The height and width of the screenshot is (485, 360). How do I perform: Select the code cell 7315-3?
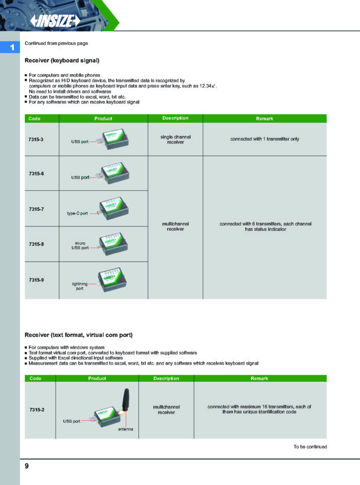[37, 139]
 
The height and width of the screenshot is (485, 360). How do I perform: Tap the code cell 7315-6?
[37, 174]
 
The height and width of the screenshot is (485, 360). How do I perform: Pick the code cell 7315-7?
[37, 209]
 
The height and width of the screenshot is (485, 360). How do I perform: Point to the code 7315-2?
[37, 409]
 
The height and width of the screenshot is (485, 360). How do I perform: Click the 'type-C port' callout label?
[77, 213]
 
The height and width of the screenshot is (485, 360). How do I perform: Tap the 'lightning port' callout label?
[80, 286]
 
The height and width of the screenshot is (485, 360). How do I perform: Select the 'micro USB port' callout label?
[80, 245]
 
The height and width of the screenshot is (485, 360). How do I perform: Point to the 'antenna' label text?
[125, 429]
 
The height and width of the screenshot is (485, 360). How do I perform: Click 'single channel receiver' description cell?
[175, 139]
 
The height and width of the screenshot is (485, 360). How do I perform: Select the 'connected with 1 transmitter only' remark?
[264, 139]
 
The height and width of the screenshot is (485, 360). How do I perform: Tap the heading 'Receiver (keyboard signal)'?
[62, 61]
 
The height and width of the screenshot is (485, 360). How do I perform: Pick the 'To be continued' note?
[310, 446]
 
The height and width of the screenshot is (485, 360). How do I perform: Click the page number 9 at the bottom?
[27, 466]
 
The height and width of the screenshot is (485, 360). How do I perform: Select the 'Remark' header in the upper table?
[264, 118]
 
